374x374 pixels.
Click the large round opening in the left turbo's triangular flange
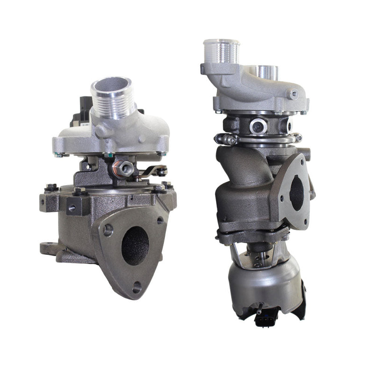click(x=135, y=245)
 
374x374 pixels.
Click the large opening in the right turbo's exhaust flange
click(x=296, y=193)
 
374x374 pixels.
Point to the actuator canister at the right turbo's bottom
click(x=264, y=283)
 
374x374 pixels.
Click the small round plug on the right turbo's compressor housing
click(x=293, y=94)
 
